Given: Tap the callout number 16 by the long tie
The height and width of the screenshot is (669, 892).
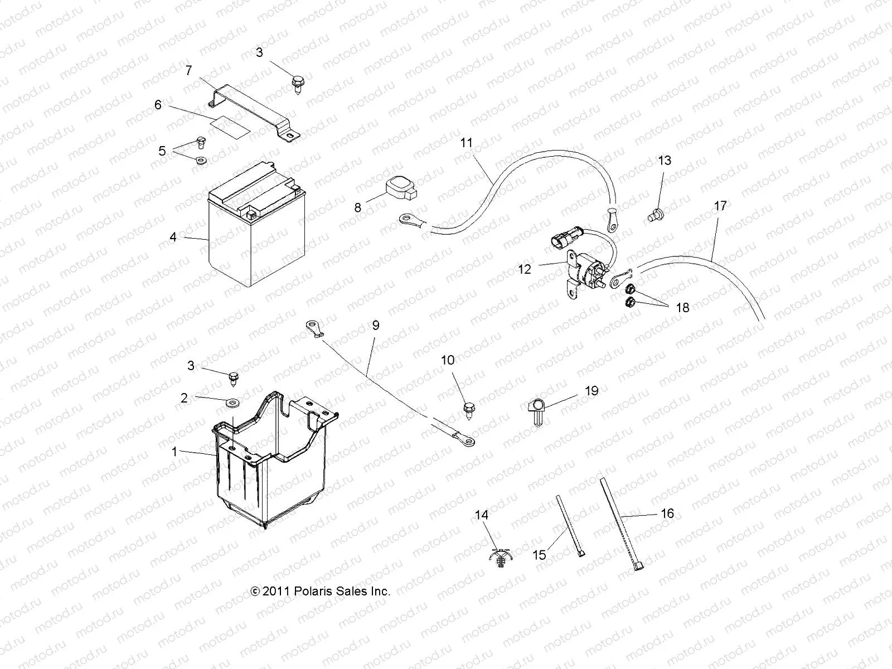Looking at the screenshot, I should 667,513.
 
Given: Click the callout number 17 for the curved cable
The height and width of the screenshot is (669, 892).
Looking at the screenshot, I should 720,206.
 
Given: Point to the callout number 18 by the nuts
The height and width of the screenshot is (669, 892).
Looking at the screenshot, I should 682,307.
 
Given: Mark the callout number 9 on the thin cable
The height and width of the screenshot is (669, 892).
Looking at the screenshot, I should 375,325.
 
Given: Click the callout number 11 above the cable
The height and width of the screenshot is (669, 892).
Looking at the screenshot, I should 466,143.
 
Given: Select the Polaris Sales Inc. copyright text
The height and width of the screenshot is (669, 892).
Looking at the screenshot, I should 321,592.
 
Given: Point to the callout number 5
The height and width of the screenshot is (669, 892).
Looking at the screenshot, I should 162,151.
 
